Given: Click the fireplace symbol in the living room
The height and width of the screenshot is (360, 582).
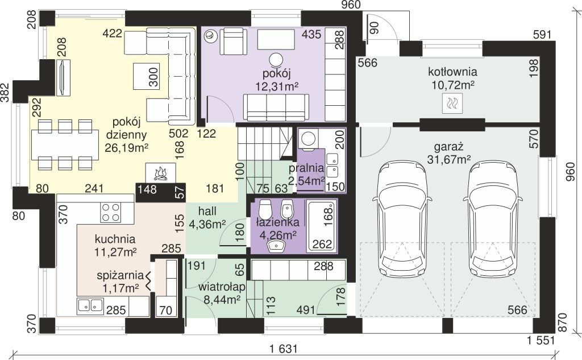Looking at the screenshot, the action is click(160, 172).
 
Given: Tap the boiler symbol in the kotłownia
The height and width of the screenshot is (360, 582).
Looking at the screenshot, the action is click(452, 103).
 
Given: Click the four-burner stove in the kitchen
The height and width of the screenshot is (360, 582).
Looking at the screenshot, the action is click(111, 213).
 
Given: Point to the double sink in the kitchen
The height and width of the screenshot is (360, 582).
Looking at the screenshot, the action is click(90, 306).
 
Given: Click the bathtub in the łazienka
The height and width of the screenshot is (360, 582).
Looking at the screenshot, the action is click(322, 225).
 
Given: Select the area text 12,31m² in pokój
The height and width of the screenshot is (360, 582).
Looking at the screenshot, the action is click(277, 86).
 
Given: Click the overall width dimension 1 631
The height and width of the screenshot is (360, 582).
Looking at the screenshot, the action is click(284, 349).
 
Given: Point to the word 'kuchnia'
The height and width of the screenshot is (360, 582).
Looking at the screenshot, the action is click(115, 238).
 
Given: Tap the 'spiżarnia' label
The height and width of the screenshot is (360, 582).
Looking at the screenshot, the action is click(120, 275).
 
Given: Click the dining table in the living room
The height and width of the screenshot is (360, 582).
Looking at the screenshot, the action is click(65, 144).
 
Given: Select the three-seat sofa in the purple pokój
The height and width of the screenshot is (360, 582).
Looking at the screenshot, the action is click(276, 107).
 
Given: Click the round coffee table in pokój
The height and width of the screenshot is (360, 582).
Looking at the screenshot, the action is click(276, 60).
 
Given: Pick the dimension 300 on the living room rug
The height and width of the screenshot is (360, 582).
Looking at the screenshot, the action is click(153, 77).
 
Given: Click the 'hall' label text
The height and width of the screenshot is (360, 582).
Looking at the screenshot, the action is click(207, 211).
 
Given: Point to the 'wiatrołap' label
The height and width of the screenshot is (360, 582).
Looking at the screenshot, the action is click(222, 287).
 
